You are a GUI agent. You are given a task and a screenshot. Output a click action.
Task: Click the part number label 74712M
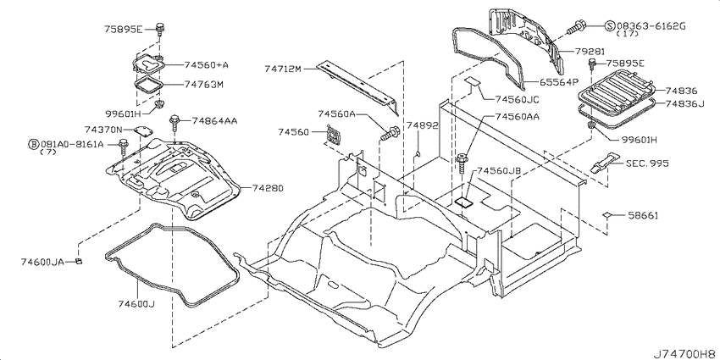pyautogui.click(x=282, y=69)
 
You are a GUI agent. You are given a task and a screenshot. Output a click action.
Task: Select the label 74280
pyautogui.click(x=268, y=188)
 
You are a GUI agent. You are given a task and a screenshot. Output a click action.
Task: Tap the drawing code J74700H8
pyautogui.click(x=685, y=354)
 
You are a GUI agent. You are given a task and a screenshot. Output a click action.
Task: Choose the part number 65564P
pyautogui.click(x=558, y=82)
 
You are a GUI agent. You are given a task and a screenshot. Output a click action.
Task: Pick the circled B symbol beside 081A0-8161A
pyautogui.click(x=34, y=145)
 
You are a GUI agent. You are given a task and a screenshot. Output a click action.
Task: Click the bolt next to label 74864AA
pyautogui.click(x=174, y=124)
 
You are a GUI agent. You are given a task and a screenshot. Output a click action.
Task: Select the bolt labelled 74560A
pyautogui.click(x=390, y=134)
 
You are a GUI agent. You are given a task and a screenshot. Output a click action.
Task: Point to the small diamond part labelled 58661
pyautogui.click(x=607, y=215)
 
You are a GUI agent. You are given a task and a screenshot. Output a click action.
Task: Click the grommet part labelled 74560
pyautogui.click(x=335, y=135)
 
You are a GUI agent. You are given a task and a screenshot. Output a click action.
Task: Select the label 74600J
pyautogui.click(x=136, y=303)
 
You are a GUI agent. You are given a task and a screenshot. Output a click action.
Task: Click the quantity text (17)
pyautogui.click(x=625, y=34)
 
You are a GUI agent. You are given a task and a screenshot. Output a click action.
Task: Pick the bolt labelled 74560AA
pyautogui.click(x=462, y=163)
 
